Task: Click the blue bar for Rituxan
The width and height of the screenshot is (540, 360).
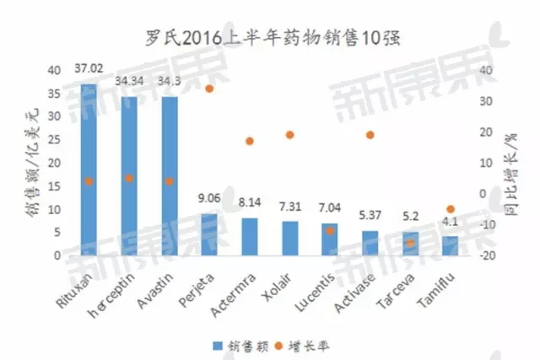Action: [x=89, y=169]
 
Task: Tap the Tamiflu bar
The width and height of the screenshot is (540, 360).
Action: [x=450, y=245]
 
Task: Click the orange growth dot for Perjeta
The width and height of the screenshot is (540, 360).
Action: [x=209, y=89]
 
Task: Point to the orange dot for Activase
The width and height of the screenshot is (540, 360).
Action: [x=370, y=135]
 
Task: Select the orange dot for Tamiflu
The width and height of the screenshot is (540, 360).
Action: [x=451, y=209]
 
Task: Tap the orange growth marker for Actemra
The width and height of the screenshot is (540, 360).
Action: [x=249, y=141]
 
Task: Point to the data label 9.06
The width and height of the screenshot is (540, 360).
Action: [x=208, y=200]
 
